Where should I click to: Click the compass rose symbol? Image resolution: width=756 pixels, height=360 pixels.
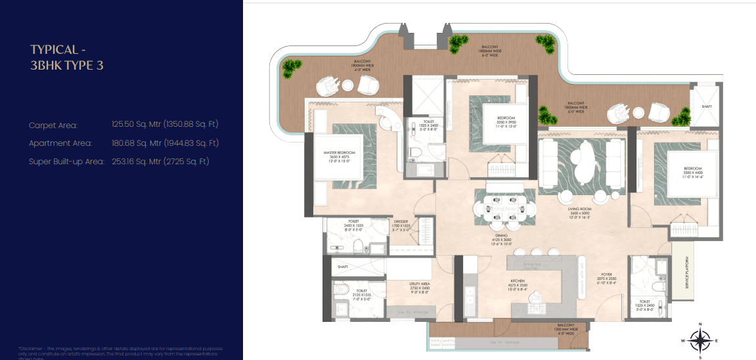(701, 340)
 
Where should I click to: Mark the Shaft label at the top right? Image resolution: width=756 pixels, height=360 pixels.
(706, 107)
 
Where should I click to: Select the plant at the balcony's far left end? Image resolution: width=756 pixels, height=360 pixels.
(291, 66)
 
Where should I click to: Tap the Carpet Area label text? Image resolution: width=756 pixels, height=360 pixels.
(53, 125)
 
